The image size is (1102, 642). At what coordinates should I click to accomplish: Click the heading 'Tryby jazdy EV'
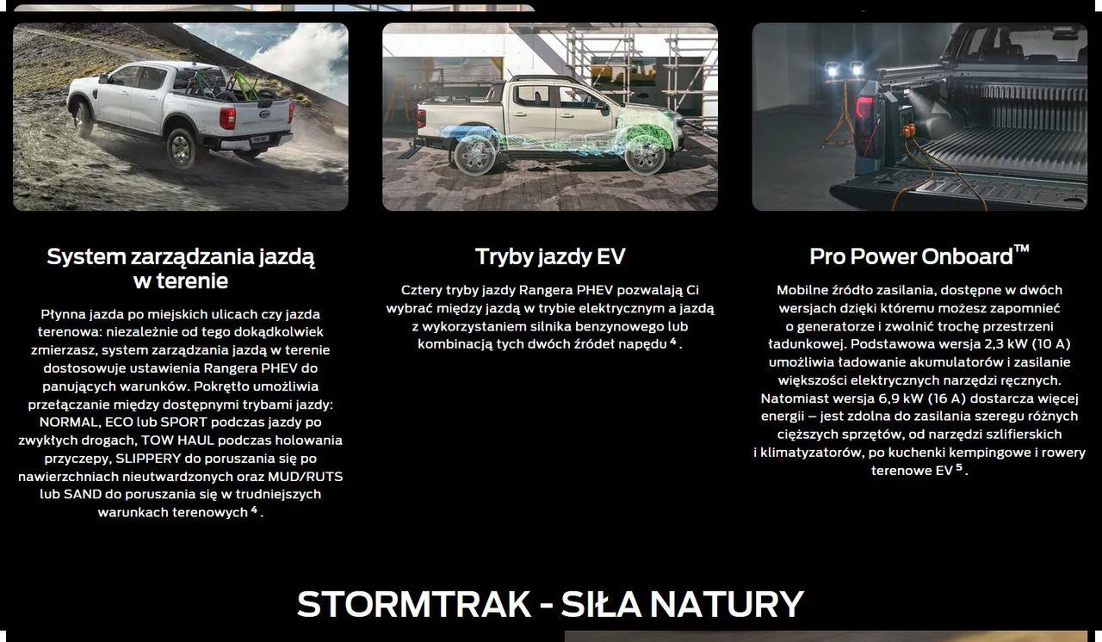550,256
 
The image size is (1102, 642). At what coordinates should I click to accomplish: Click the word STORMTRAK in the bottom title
414,604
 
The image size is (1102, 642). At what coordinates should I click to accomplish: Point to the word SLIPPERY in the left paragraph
148,458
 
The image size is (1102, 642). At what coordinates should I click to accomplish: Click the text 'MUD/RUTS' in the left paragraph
305,477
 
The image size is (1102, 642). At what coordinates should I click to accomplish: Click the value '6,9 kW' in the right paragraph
900,398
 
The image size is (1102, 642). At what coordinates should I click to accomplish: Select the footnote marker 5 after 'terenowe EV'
959,467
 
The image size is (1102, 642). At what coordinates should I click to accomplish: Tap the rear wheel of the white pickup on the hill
181,148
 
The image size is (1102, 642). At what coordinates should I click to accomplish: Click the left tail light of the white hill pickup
227,119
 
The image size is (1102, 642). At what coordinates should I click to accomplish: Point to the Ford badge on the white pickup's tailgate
264,114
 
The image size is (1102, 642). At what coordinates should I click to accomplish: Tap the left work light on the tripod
833,70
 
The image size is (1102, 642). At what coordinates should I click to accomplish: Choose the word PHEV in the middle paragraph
595,290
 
